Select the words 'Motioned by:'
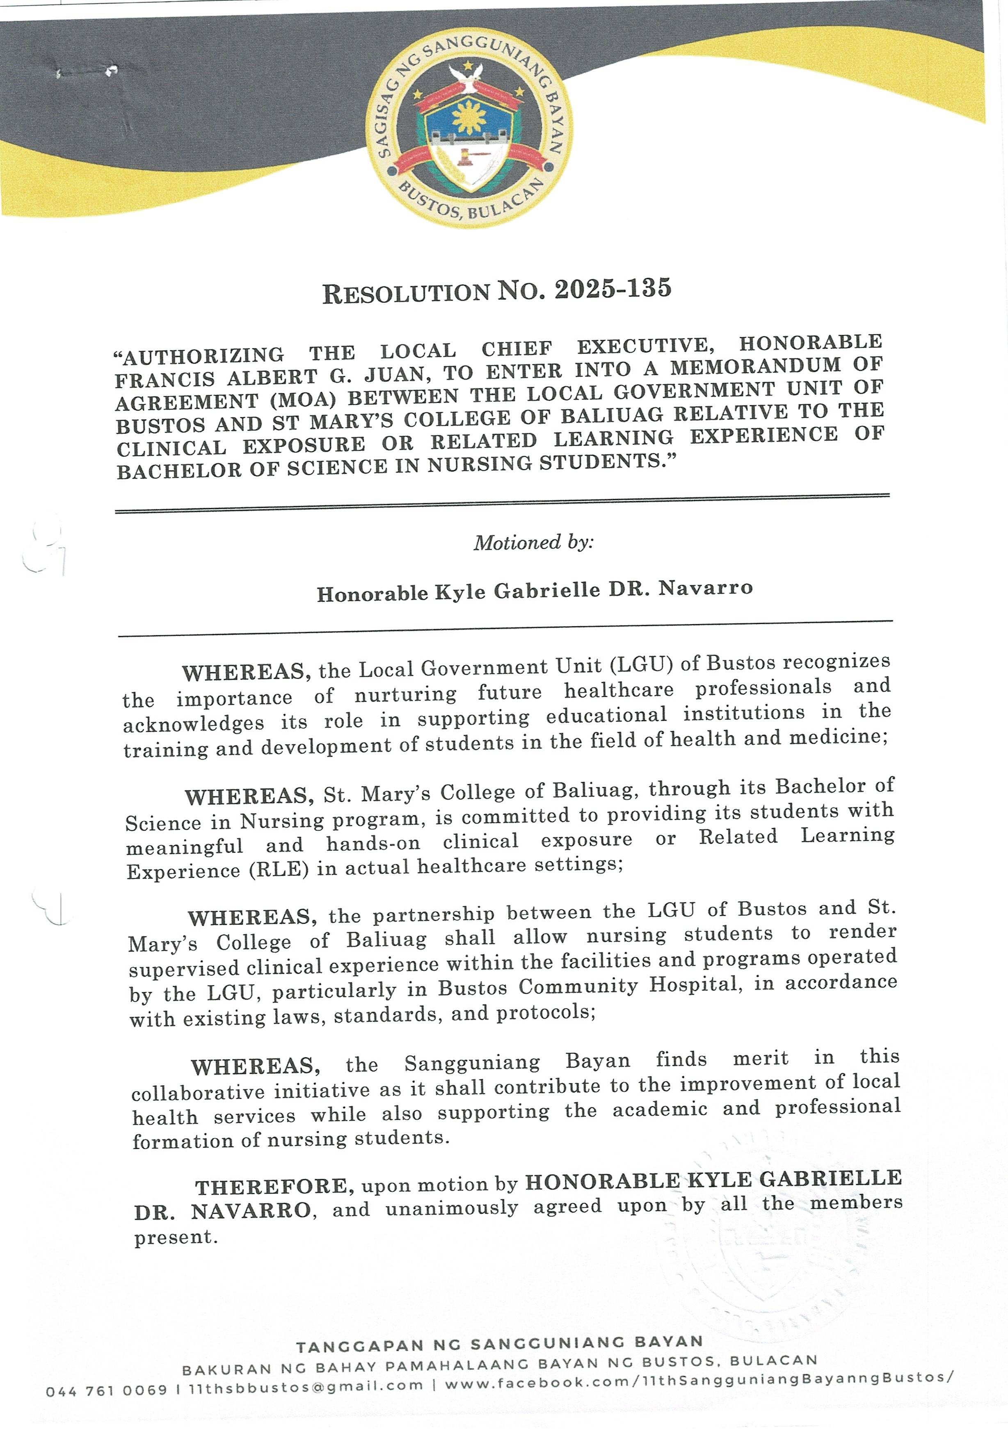pos(534,542)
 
